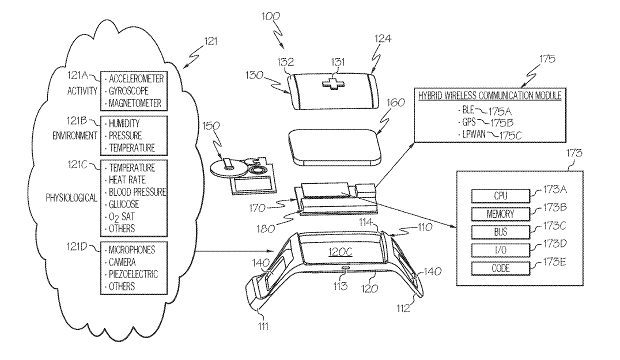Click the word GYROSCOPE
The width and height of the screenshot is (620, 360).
coord(127,91)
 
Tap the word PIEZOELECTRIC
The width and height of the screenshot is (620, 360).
coord(133,273)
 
